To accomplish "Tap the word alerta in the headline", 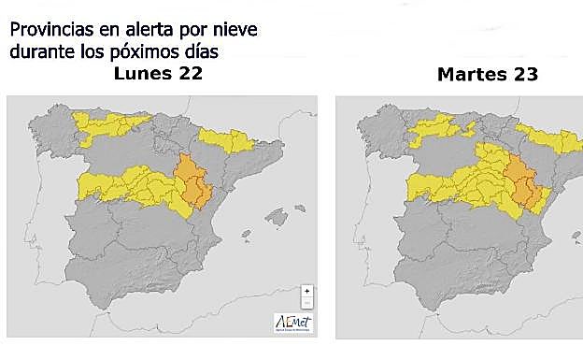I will point(140,30).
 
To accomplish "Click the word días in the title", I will point(207,51).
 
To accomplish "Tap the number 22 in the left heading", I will point(188,74).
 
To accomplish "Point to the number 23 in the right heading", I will point(523,74).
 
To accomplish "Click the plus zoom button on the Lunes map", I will point(306,292).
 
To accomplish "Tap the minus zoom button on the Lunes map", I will point(306,303).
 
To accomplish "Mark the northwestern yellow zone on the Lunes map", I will point(103,126).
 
